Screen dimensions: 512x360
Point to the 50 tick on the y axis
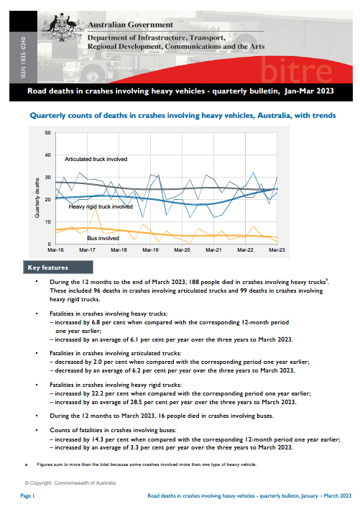[x=47, y=133]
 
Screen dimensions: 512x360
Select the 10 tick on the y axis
[x=47, y=222]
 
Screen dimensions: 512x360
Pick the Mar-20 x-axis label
[x=183, y=250]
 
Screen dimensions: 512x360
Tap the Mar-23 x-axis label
[x=277, y=250]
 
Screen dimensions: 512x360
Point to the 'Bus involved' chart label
[x=103, y=237]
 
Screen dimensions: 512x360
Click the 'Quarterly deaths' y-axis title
[x=37, y=198]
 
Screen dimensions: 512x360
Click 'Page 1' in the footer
[x=28, y=497]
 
